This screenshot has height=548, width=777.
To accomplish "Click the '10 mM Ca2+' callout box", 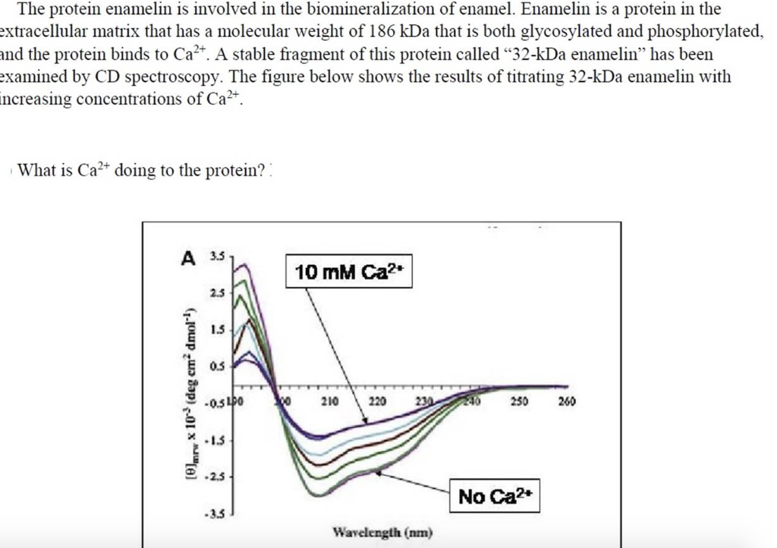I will [348, 272].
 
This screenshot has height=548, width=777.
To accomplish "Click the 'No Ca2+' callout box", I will [496, 497].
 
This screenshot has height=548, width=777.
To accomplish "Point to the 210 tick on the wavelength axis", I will [329, 400].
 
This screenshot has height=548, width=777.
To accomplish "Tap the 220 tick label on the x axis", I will [377, 400].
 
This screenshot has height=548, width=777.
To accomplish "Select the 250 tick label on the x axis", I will [519, 400].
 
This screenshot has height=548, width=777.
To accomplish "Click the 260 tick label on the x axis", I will [567, 400].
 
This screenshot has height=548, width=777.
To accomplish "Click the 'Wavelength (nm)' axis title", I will [382, 533].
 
